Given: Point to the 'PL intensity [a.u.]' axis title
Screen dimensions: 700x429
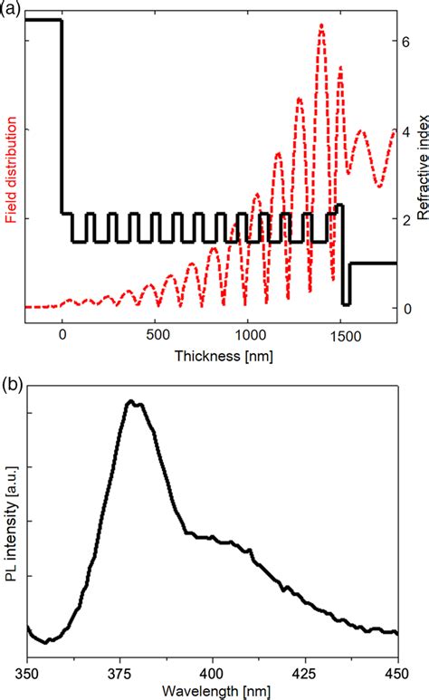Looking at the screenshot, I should [10, 531].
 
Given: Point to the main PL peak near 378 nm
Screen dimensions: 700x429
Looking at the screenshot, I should [131, 401].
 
